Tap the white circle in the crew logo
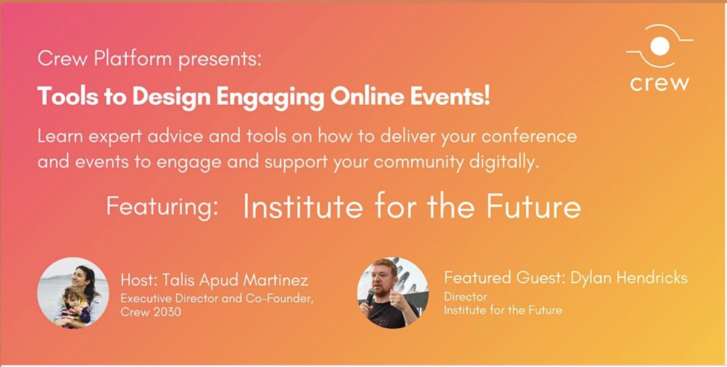tap(659, 46)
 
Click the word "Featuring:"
tap(162, 207)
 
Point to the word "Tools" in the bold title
tap(58, 96)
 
